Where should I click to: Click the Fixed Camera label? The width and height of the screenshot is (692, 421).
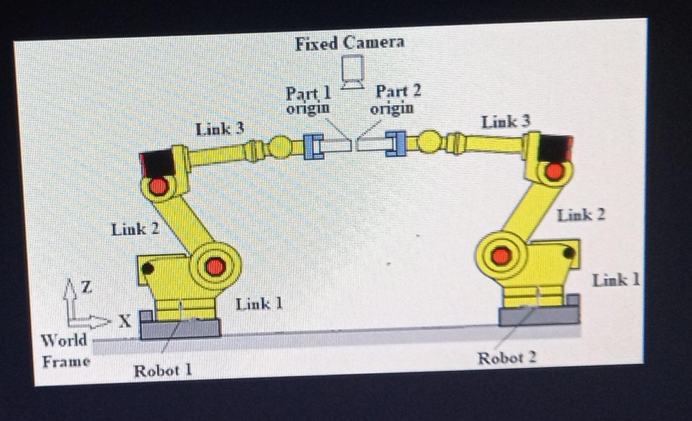pos(349,43)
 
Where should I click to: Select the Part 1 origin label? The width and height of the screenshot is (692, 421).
pos(308,100)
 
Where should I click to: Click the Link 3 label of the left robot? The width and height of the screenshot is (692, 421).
pos(220,130)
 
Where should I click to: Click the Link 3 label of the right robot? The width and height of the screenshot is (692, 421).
pos(505,122)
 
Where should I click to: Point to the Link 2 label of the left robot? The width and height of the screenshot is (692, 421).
pos(135,229)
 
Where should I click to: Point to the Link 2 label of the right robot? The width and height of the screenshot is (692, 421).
pos(581,215)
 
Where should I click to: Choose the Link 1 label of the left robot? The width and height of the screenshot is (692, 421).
pos(259,305)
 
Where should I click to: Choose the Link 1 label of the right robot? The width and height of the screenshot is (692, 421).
pos(615,280)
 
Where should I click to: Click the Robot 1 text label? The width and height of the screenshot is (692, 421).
pos(162,371)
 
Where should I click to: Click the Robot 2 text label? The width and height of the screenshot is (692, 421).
pos(506,358)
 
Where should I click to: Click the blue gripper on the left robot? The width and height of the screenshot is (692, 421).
pos(313,147)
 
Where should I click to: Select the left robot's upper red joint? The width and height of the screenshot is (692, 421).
pos(158,186)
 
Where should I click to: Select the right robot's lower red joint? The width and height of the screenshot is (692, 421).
pos(501,255)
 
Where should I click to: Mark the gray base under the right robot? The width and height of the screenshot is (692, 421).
pos(539,315)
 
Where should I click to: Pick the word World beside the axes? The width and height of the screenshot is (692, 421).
pos(64,340)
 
